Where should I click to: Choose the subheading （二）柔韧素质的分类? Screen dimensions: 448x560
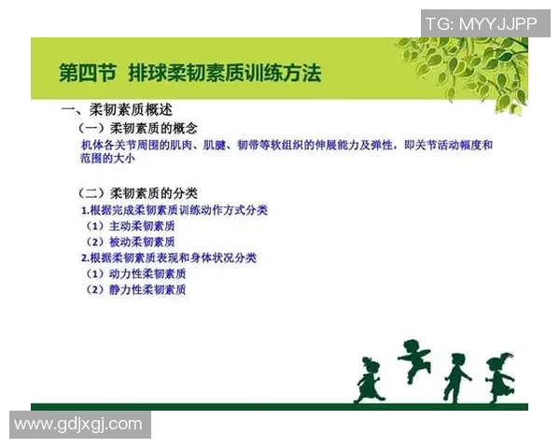[138, 194]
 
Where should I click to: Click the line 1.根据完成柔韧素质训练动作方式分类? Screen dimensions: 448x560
[175, 210]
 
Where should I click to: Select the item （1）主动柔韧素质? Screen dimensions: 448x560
[131, 226]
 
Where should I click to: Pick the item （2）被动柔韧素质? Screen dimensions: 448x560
[131, 242]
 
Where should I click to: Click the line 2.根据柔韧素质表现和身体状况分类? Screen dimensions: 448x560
[168, 258]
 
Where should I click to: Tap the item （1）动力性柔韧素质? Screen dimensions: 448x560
[136, 273]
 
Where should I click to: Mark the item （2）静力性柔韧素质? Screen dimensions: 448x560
[136, 289]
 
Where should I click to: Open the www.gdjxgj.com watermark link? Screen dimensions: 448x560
[78, 424]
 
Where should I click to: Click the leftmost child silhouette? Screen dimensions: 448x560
[369, 378]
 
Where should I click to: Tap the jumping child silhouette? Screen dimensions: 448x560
[413, 360]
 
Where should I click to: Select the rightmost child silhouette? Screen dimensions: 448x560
[500, 374]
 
